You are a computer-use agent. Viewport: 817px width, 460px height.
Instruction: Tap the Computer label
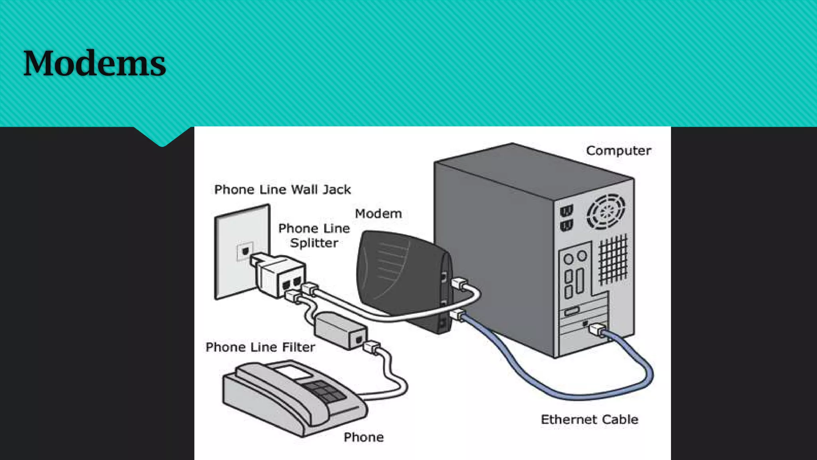(x=618, y=151)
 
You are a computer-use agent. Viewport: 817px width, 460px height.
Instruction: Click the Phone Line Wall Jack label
(x=282, y=189)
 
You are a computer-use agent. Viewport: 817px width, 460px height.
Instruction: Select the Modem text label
(x=378, y=214)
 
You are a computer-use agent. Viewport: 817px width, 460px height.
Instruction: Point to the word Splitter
(x=314, y=243)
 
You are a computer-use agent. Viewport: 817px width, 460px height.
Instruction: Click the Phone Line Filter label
(x=260, y=347)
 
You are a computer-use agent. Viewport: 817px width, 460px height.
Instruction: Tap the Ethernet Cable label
(x=589, y=419)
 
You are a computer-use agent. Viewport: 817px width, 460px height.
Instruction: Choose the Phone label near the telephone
(x=363, y=437)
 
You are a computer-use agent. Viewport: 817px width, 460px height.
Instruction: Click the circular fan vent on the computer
(x=606, y=212)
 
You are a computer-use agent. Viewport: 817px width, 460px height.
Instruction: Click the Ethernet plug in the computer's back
(x=596, y=329)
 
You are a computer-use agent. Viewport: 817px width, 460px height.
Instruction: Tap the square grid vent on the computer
(x=613, y=260)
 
